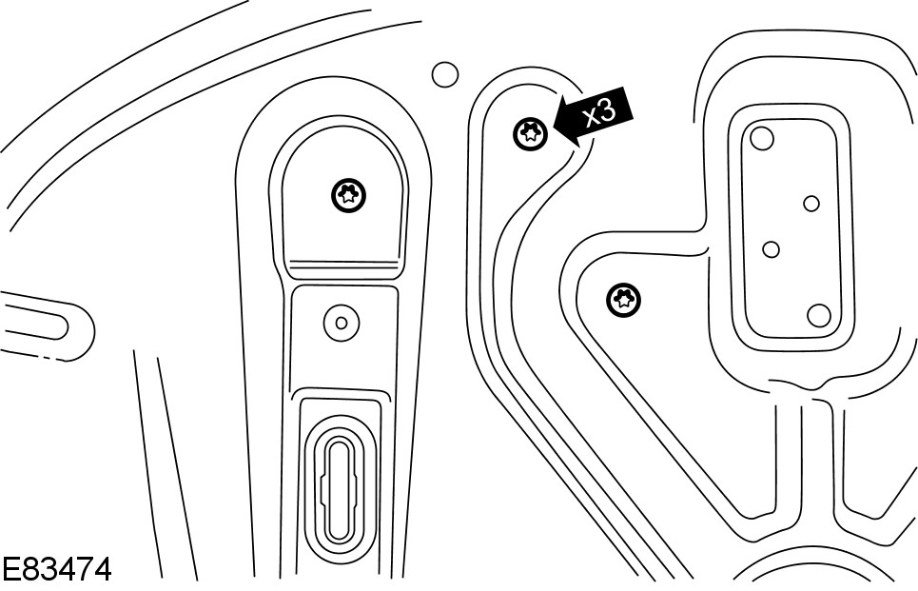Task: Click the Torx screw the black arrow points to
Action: click(x=530, y=134)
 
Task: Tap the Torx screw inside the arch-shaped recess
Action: click(x=349, y=196)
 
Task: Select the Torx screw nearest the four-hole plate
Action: click(x=623, y=301)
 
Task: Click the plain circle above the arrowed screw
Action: click(x=444, y=73)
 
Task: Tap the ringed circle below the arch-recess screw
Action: click(x=341, y=323)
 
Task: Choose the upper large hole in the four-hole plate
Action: click(x=761, y=139)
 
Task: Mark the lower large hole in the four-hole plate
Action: click(x=819, y=314)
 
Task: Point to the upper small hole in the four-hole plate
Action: click(x=811, y=203)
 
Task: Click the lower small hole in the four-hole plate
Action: click(x=772, y=249)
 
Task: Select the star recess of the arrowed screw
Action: click(x=530, y=134)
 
